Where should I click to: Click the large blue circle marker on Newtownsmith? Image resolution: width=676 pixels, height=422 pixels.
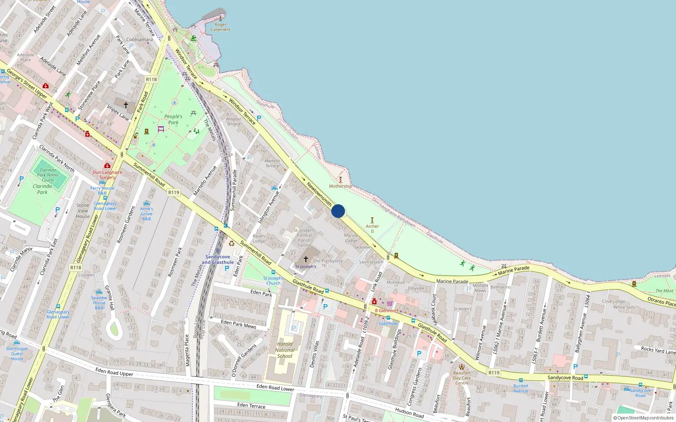338,211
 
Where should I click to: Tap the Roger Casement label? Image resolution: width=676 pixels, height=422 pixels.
221,27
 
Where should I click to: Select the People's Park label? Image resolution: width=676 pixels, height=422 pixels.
173,119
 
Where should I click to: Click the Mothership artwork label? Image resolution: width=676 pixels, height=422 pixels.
341,186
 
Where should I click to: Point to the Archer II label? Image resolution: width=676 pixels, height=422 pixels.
372,228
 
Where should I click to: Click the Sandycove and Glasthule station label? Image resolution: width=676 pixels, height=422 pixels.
218,260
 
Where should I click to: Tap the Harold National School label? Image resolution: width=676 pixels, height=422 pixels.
285,350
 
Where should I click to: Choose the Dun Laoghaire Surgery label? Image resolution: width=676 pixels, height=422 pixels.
107,175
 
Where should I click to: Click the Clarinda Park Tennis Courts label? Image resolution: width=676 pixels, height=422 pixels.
48,175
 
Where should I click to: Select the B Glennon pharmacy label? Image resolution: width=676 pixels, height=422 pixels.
385,311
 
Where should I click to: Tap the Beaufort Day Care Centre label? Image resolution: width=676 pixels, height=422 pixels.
462,378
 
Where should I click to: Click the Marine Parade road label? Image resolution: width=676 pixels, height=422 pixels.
452,281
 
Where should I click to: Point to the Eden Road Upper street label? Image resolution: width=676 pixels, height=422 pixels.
114,372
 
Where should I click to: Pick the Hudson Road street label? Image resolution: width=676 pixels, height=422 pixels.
409,413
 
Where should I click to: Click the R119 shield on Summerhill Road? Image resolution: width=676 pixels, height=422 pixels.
174,192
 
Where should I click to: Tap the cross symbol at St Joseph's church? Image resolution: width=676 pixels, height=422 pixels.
306,259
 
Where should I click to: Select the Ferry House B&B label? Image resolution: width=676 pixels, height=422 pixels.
102,191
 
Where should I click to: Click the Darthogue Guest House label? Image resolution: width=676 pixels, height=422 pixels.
17,354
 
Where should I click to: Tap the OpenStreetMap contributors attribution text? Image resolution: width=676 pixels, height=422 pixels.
643,418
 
